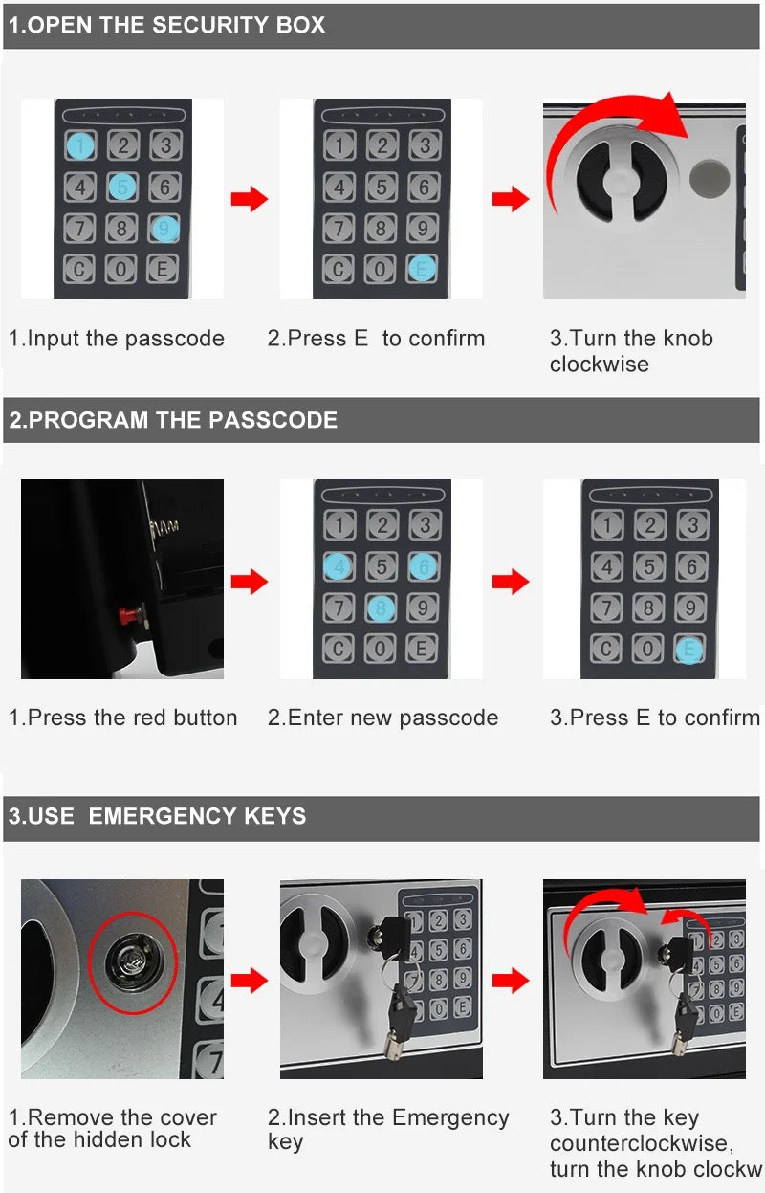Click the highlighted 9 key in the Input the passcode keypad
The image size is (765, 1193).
(164, 229)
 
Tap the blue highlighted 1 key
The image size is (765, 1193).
(81, 145)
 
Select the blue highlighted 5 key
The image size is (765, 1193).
(122, 187)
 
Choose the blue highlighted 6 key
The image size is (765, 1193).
(424, 565)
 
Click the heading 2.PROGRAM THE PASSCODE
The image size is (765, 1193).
(173, 420)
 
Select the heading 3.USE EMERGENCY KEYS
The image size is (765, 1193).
(158, 816)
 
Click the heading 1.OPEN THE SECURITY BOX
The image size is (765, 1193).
(167, 25)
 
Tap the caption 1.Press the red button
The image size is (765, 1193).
(122, 718)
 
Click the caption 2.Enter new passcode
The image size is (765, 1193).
(382, 718)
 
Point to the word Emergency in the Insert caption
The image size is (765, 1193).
(450, 1117)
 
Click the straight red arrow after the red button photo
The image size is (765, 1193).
(250, 581)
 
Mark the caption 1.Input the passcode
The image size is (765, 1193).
(117, 338)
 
